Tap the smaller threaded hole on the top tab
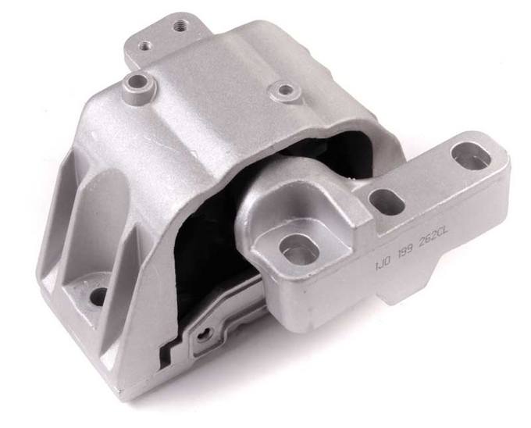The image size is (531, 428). pos(145,44)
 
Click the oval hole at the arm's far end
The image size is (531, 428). pos(470,156)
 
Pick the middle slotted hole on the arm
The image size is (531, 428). pos(383,201)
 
